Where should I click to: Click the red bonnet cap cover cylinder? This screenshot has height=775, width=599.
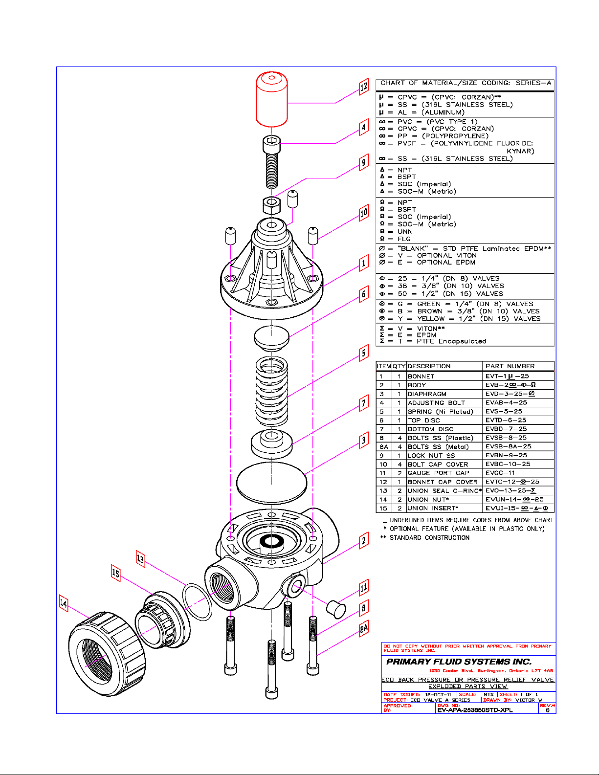coord(272,99)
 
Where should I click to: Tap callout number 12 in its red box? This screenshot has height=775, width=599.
coord(364,87)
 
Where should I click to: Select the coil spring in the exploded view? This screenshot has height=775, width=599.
coord(272,391)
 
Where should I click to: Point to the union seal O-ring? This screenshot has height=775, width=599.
coord(197,602)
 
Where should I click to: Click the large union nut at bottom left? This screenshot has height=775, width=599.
coord(107,654)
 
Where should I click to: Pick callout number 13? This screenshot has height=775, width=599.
coord(140,559)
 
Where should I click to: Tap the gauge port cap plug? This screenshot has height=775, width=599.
coord(336,609)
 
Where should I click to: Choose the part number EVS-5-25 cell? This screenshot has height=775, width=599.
coord(504,411)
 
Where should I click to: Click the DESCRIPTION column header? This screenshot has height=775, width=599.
coord(429,366)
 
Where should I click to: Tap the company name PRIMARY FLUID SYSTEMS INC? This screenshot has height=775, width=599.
coord(459,662)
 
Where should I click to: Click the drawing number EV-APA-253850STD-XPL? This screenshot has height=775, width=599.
coord(475,710)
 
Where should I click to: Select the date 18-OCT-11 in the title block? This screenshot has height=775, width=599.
coord(438,694)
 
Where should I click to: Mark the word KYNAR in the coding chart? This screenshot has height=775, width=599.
coord(520,151)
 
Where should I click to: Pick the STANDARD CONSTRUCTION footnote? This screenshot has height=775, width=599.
coord(429,537)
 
